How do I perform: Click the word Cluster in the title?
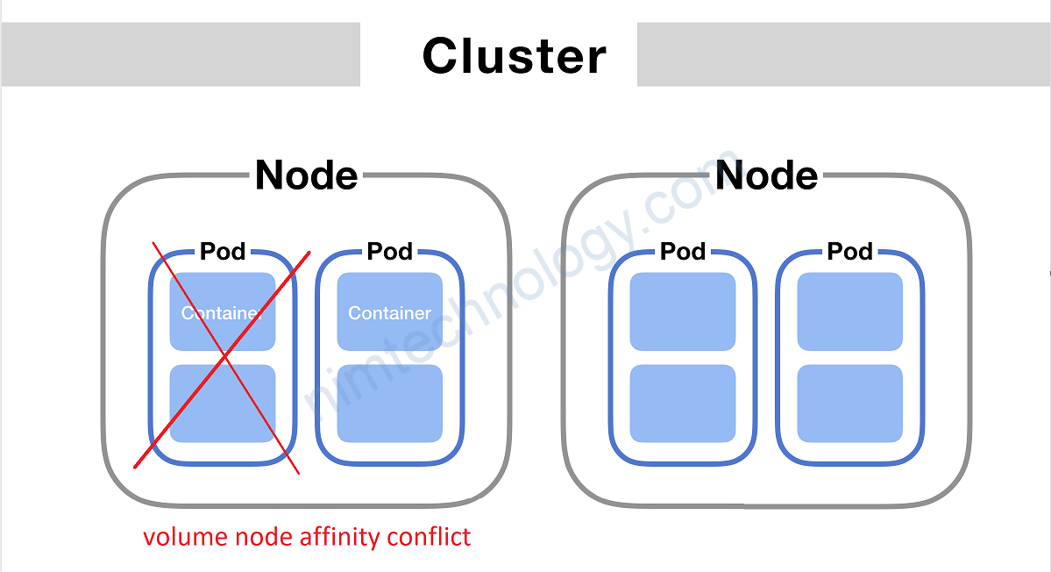click(x=514, y=56)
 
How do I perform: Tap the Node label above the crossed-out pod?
click(x=306, y=175)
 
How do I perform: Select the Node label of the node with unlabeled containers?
click(x=766, y=175)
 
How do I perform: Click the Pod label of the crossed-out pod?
click(x=223, y=252)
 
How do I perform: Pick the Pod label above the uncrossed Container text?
click(x=389, y=252)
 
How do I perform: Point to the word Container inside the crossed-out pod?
click(x=222, y=312)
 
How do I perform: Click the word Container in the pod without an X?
click(x=389, y=312)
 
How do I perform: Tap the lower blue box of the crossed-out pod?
click(x=223, y=404)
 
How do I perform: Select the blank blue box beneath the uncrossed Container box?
click(x=389, y=404)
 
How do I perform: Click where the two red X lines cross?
click(x=225, y=356)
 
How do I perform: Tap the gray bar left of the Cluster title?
click(x=180, y=54)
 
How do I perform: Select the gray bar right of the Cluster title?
click(x=843, y=54)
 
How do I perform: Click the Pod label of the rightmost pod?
click(x=849, y=252)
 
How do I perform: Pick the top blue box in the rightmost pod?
click(x=849, y=311)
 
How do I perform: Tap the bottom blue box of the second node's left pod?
click(x=683, y=404)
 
